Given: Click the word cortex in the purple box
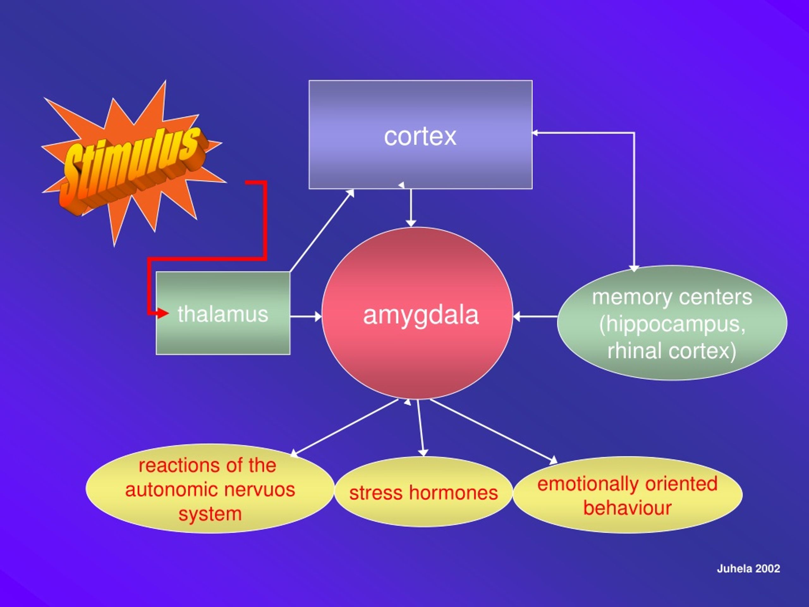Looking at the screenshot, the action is pos(420,137).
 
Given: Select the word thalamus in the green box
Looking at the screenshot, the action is pos(223,314).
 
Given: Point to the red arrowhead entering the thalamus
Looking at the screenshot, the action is pos(163,313).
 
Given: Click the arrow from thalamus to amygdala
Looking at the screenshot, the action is pos(306,316).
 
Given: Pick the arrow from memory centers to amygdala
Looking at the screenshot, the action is pos(535,316).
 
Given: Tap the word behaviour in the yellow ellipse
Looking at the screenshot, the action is pos(627,508).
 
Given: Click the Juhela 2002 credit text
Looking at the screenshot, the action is pos(748,568).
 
